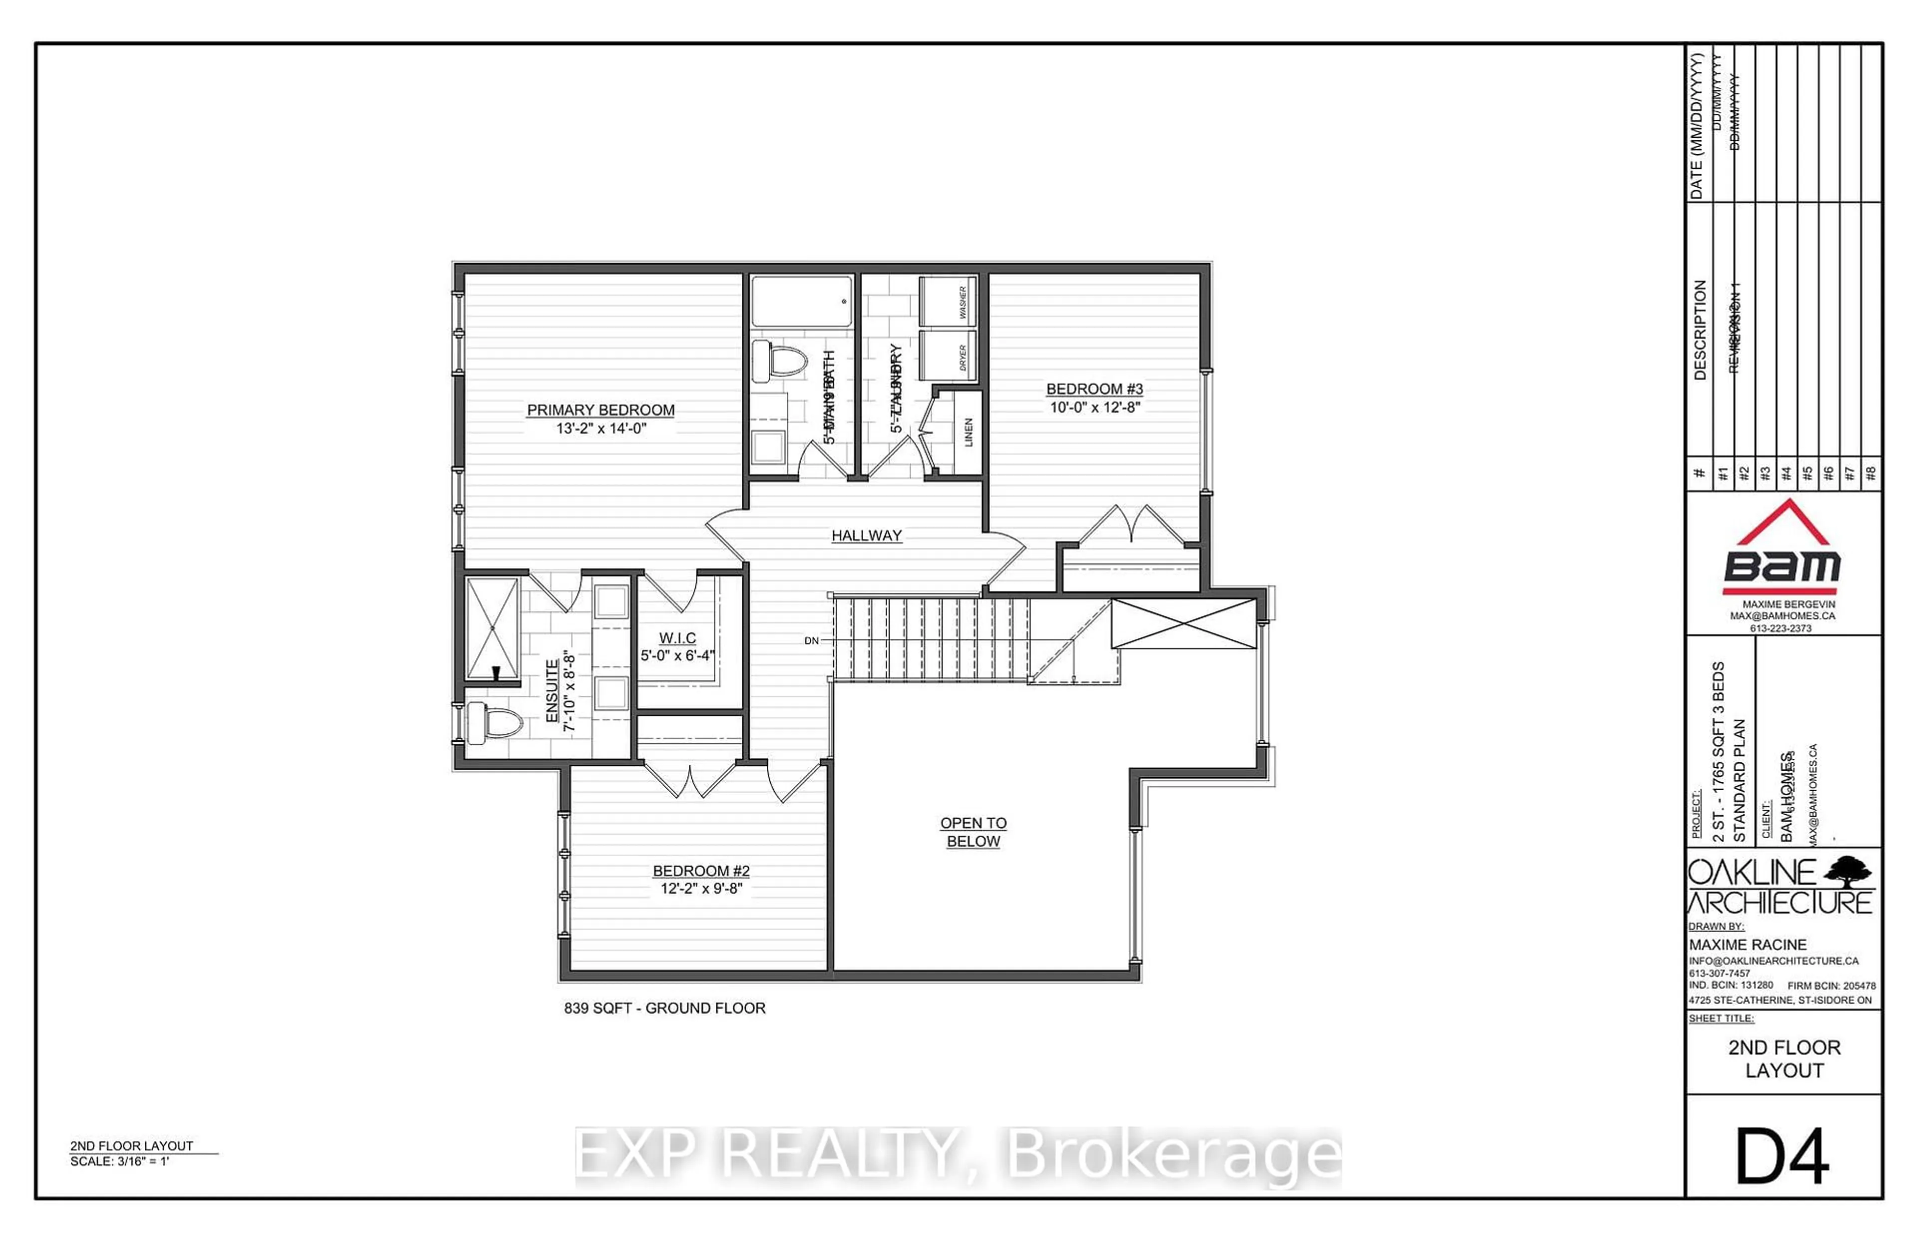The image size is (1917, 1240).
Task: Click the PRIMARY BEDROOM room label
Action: [601, 410]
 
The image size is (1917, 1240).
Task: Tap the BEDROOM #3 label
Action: [1094, 389]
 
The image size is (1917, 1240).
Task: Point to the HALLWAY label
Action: [866, 536]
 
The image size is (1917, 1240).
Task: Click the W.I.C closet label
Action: [677, 637]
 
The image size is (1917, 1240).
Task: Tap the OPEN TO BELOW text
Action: [973, 832]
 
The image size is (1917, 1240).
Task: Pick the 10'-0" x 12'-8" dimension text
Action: [1094, 407]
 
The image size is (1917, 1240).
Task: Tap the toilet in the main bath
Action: [779, 361]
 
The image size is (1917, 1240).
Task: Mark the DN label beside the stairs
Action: [812, 641]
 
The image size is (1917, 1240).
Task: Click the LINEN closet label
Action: [968, 432]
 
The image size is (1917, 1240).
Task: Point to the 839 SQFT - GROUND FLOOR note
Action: [664, 1008]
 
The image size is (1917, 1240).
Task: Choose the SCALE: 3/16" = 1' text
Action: [120, 1161]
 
